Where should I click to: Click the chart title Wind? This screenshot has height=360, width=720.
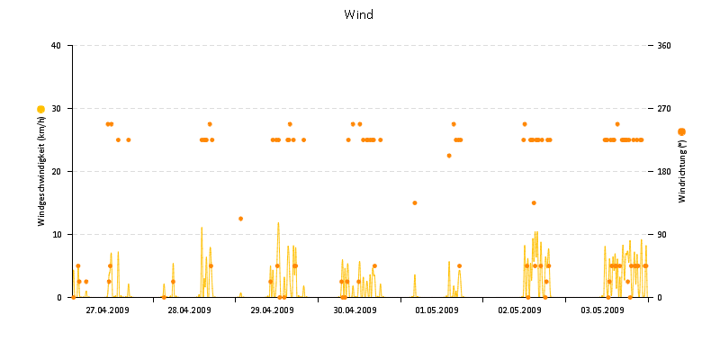358,14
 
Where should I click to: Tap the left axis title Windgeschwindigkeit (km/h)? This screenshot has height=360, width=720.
41,171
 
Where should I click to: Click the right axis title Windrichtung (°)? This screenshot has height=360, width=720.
682,171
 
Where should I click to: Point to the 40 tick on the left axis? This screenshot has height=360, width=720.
56,46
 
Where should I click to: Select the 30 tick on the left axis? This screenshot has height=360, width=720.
56,109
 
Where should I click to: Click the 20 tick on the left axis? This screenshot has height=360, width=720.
56,172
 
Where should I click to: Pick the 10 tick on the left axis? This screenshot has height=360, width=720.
56,235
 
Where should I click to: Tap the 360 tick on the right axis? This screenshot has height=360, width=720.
665,46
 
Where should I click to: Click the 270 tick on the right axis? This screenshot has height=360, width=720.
665,109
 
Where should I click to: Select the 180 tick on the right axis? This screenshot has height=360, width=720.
665,172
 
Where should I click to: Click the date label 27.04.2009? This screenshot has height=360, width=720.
107,310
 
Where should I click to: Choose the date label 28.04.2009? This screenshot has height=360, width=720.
189,310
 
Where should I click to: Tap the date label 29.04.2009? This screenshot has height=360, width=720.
272,310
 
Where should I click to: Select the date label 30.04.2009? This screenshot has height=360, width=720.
355,310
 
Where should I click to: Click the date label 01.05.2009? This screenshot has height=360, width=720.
436,310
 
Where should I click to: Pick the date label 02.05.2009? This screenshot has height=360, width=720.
519,310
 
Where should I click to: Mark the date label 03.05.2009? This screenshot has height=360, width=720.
602,310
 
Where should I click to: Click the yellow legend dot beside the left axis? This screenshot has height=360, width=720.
40,109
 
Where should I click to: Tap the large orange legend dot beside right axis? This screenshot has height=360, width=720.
681,132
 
